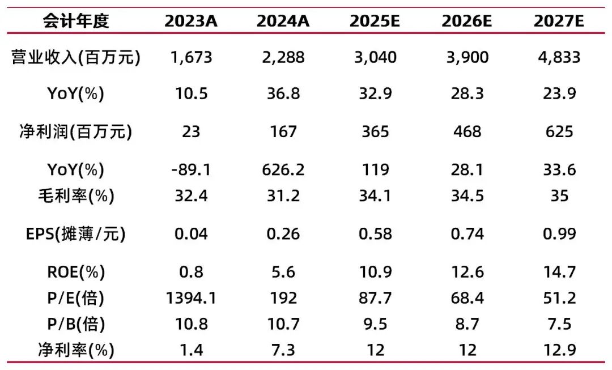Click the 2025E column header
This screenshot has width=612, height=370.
375,21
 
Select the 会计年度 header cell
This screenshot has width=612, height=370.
76,21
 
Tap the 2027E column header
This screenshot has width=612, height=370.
559,21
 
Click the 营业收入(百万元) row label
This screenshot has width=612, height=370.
76,57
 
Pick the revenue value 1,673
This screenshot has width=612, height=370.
192,57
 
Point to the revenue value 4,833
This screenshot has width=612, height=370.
559,57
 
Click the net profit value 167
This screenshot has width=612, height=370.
283,131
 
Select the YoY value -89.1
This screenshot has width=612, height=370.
192,169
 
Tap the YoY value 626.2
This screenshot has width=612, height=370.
283,169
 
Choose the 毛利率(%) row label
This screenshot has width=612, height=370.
76,196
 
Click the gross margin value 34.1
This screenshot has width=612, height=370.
375,196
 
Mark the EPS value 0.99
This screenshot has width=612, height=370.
559,233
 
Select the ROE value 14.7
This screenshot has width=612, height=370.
559,272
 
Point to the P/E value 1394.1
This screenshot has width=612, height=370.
192,298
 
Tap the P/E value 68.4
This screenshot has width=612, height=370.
467,298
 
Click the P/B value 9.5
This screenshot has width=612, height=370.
375,324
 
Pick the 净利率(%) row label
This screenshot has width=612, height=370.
76,350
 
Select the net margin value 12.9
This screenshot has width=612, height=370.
559,350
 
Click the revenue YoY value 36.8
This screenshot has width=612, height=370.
283,93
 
